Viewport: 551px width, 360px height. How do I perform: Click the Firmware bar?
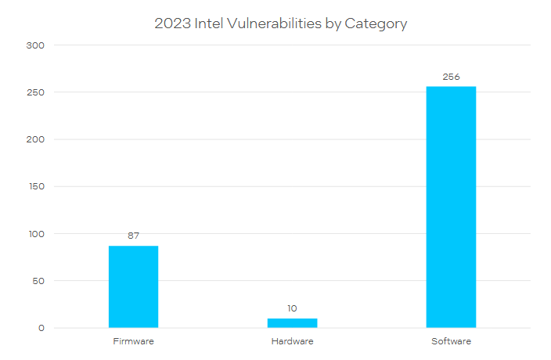point(133,286)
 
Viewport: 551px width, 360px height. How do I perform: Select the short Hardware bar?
point(292,322)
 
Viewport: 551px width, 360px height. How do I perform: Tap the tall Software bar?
point(451,207)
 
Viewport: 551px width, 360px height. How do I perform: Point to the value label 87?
point(133,236)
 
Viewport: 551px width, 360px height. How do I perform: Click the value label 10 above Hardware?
point(292,308)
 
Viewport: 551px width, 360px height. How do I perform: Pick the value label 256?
point(451,77)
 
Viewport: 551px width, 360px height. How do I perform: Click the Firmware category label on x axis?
point(133,342)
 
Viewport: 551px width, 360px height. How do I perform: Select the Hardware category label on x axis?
point(292,342)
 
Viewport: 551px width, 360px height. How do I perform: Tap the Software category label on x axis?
point(451,342)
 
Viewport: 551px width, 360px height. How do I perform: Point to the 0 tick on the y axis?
point(41,328)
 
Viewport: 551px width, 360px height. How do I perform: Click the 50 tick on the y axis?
point(39,281)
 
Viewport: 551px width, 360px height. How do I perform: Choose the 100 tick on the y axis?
point(37,234)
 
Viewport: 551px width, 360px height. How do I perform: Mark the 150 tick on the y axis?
point(37,186)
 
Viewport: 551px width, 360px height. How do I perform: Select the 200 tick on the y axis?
point(37,139)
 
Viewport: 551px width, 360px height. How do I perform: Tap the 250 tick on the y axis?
point(37,92)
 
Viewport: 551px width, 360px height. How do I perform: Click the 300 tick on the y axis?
point(37,45)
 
